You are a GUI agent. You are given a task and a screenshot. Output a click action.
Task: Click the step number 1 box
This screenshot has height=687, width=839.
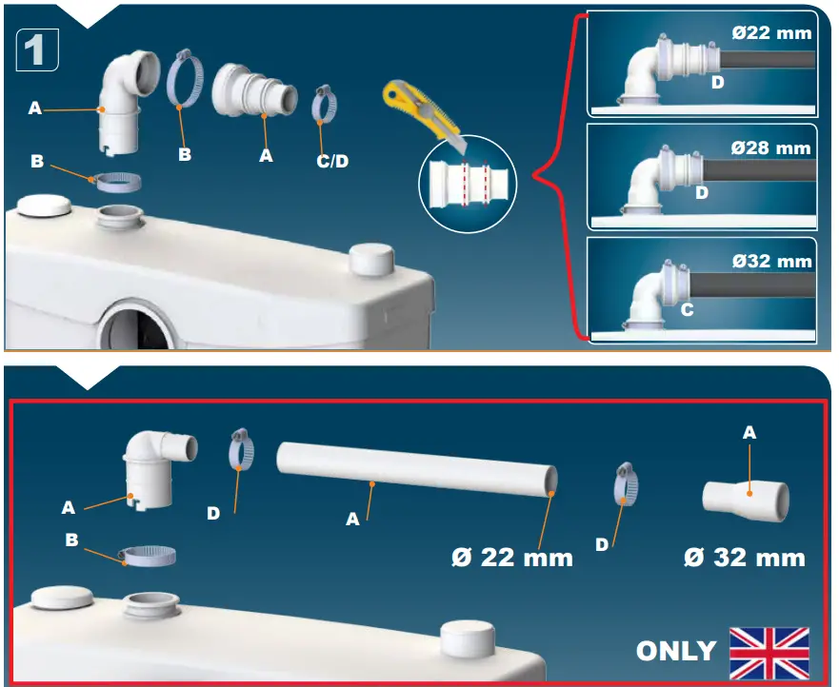click(37, 49)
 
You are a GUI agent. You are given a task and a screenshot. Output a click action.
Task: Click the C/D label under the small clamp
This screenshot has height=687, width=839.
click(332, 161)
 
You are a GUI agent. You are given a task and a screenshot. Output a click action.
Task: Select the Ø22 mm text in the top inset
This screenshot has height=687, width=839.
click(770, 33)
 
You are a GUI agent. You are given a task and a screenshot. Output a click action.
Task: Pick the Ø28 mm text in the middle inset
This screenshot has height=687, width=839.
click(770, 147)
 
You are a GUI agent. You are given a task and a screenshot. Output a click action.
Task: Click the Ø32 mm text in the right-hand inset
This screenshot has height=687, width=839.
click(770, 261)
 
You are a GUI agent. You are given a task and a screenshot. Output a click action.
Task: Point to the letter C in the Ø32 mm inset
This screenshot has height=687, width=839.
click(687, 309)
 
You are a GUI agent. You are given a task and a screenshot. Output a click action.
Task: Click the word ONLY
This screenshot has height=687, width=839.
click(676, 651)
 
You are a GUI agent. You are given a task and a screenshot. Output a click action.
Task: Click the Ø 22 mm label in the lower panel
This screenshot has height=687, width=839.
click(512, 558)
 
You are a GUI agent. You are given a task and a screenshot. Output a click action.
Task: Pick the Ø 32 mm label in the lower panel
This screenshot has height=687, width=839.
click(744, 558)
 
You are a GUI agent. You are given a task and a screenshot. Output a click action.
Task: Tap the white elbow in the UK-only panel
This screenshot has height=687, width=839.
click(156, 467)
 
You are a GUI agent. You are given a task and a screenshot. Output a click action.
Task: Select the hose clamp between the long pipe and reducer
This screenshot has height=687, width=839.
click(625, 484)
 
